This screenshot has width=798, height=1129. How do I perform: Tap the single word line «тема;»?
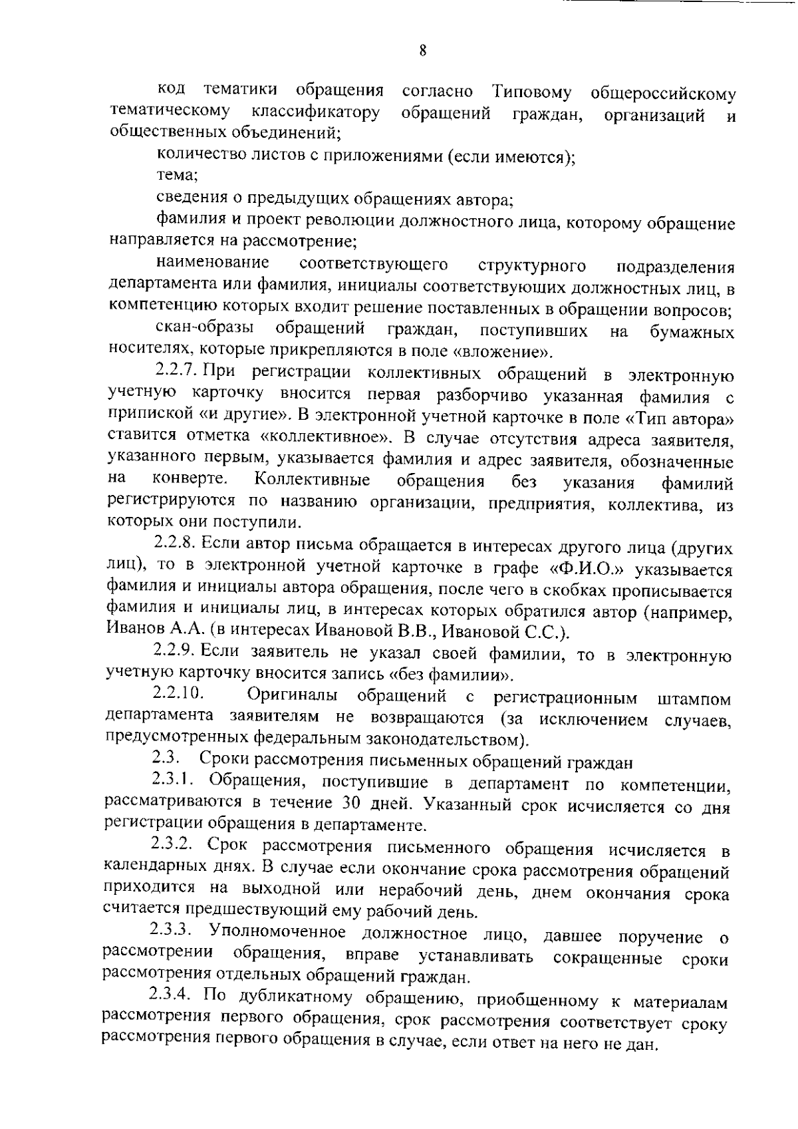coord(176,176)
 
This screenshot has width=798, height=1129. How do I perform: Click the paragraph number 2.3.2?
coord(172,846)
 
